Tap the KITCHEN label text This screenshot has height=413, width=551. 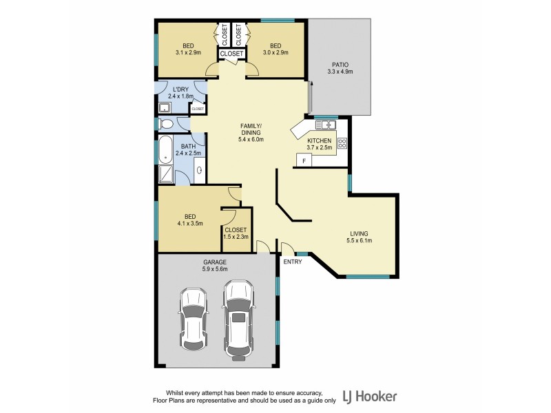pyautogui.click(x=320, y=140)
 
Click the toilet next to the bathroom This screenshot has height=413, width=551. pyautogui.click(x=165, y=125)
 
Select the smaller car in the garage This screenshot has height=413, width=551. pyautogui.click(x=194, y=319)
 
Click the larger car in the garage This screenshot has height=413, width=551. pyautogui.click(x=238, y=318)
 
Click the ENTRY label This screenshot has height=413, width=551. pyautogui.click(x=293, y=262)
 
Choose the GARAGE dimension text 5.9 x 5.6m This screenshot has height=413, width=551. pyautogui.click(x=215, y=270)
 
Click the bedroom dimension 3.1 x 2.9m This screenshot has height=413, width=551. pyautogui.click(x=188, y=52)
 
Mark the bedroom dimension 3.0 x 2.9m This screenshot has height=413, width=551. pyautogui.click(x=275, y=52)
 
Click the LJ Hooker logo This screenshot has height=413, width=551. pyautogui.click(x=373, y=396)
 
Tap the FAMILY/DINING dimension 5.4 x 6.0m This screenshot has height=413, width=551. pyautogui.click(x=250, y=140)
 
